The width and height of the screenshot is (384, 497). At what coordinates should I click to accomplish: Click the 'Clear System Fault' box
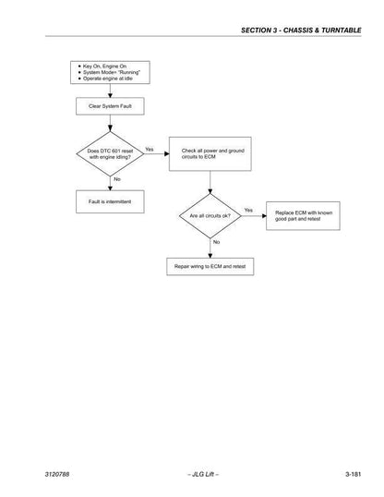click(x=110, y=106)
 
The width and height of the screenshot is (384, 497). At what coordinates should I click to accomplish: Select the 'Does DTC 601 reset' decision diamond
click(x=110, y=153)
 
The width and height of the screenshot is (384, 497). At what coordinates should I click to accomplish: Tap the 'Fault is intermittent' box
click(x=110, y=201)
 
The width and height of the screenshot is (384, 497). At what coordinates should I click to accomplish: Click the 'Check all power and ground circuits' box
click(x=210, y=154)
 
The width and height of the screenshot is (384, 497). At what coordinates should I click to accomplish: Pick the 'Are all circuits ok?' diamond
click(x=210, y=216)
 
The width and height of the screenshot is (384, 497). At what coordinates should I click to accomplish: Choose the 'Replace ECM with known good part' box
click(x=303, y=216)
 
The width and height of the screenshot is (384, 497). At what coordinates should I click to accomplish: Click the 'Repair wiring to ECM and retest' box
click(x=210, y=267)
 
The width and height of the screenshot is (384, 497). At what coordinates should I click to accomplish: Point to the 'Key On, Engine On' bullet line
click(x=102, y=67)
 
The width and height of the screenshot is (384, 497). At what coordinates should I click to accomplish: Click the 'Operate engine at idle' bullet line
click(x=105, y=79)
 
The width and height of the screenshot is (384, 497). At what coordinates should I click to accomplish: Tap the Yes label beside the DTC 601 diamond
click(x=150, y=150)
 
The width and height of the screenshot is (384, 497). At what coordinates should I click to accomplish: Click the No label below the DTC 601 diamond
click(x=117, y=179)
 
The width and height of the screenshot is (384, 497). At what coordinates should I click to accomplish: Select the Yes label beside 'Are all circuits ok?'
click(x=248, y=210)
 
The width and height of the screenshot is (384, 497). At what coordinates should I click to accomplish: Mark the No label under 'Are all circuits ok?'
click(x=216, y=242)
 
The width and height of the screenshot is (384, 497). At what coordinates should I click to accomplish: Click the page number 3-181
click(x=353, y=474)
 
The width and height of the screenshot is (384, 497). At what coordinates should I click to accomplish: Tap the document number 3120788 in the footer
click(x=57, y=474)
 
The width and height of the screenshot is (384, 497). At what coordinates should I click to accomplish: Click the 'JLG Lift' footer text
click(x=203, y=474)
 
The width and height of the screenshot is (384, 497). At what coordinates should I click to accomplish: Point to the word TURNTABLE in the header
click(x=342, y=30)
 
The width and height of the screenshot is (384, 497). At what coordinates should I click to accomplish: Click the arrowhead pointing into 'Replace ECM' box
click(x=264, y=216)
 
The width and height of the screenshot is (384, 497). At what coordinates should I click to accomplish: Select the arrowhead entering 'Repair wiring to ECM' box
click(x=210, y=256)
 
